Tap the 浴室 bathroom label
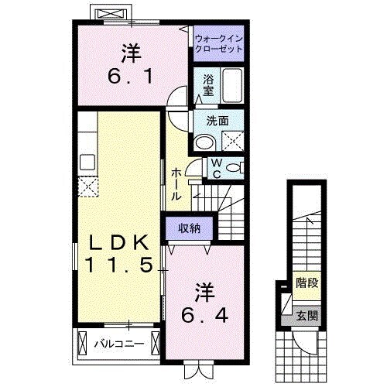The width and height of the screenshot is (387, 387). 208,84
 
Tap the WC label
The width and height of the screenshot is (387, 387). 217,167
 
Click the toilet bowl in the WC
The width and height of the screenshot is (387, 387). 235,167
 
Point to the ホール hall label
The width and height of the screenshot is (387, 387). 176,183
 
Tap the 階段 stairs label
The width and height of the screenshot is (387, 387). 307,285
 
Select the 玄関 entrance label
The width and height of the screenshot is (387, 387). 307,315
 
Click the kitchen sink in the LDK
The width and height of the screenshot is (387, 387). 87,162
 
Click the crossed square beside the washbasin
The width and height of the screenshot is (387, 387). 232,140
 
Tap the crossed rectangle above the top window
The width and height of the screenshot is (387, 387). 108,13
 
